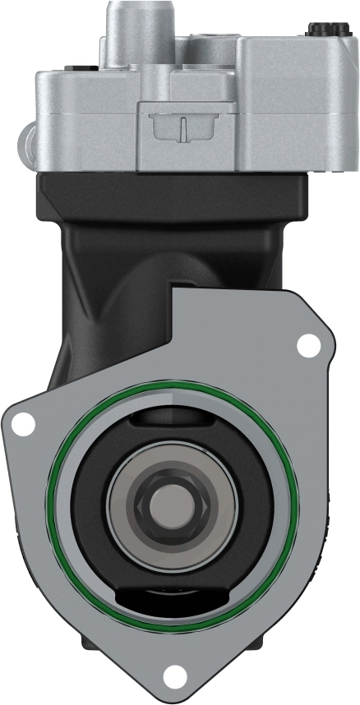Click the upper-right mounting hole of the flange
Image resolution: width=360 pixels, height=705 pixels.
[x=308, y=346]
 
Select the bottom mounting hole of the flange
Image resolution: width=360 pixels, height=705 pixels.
[x=173, y=677]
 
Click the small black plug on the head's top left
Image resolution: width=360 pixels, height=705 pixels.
[x=78, y=68]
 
